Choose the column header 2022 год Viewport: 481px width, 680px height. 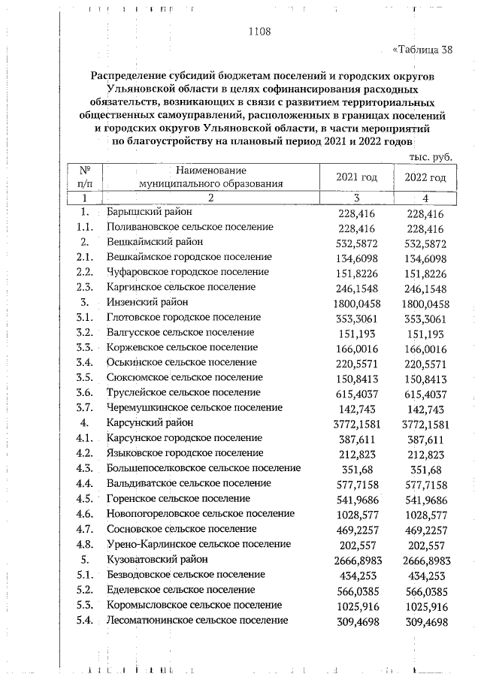coord(425,177)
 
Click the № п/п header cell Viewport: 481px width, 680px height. coord(84,177)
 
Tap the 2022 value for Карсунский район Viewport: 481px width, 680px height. coord(425,423)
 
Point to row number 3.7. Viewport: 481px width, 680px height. coord(84,408)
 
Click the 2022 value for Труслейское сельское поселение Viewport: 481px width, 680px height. coord(425,393)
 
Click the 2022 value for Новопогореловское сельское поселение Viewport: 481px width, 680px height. coord(425,514)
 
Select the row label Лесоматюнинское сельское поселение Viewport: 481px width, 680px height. coord(198,621)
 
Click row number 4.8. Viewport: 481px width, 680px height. coord(84,544)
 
